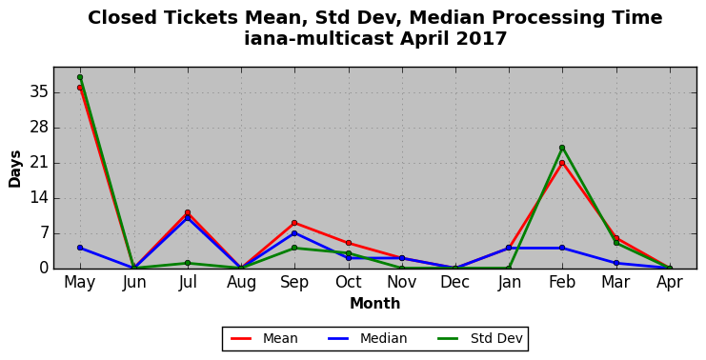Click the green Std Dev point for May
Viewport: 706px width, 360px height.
(x=80, y=77)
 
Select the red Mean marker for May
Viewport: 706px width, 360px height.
(x=80, y=88)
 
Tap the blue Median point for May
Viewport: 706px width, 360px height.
(x=80, y=248)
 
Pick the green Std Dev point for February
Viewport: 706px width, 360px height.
(x=562, y=148)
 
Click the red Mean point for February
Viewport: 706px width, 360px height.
(x=562, y=163)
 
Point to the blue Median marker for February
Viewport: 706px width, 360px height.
(x=562, y=248)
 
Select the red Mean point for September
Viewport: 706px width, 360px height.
(x=294, y=223)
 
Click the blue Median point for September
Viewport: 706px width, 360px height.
(x=294, y=233)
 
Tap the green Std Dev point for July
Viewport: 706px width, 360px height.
(x=188, y=263)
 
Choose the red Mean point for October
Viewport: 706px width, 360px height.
(x=349, y=243)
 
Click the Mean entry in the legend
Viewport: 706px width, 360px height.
(x=264, y=338)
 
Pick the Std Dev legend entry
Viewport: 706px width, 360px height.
(x=480, y=338)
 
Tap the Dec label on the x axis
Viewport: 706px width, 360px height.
(x=454, y=283)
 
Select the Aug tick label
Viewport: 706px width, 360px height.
(x=241, y=283)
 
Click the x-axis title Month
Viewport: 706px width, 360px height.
(x=375, y=303)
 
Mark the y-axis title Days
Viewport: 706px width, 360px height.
(x=15, y=170)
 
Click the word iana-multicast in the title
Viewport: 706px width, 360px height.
(x=319, y=39)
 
